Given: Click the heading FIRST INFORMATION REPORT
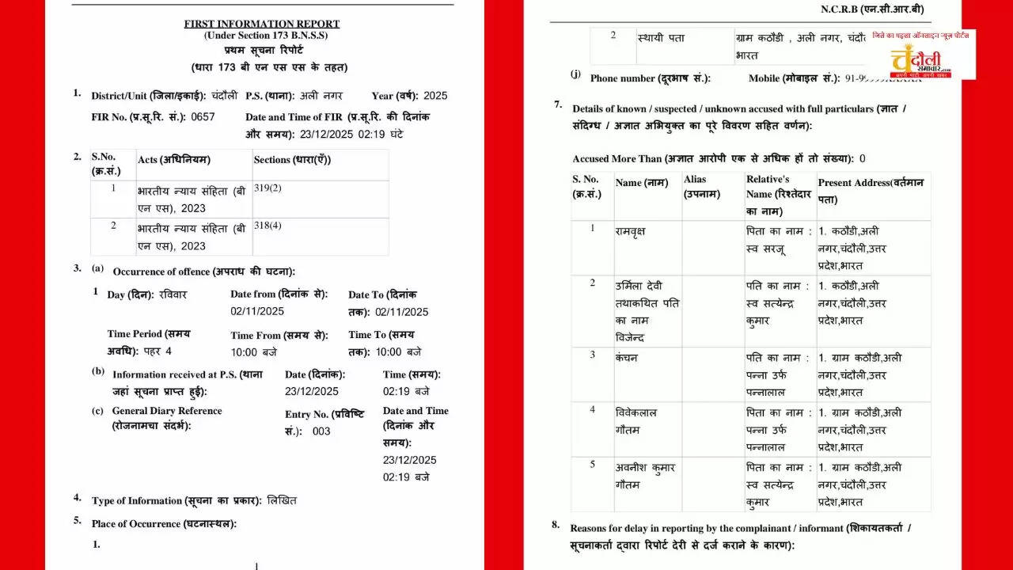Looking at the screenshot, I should click(261, 24).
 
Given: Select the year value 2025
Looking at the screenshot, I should click(435, 96).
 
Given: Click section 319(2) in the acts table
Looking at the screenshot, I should click(267, 189).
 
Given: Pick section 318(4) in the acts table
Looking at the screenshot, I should click(267, 226).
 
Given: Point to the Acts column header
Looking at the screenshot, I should click(174, 160).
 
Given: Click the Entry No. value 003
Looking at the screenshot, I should click(321, 431).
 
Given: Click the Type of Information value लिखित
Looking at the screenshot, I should click(282, 500).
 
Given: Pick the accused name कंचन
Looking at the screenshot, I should click(626, 357).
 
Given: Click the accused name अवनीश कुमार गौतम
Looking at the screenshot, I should click(645, 476).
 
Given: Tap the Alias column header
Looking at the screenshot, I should click(701, 187).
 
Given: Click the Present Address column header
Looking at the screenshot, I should click(871, 191).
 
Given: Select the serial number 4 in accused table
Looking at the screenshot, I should click(592, 410).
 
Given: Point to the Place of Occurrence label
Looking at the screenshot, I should click(164, 524).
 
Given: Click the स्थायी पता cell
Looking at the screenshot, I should click(661, 38).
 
